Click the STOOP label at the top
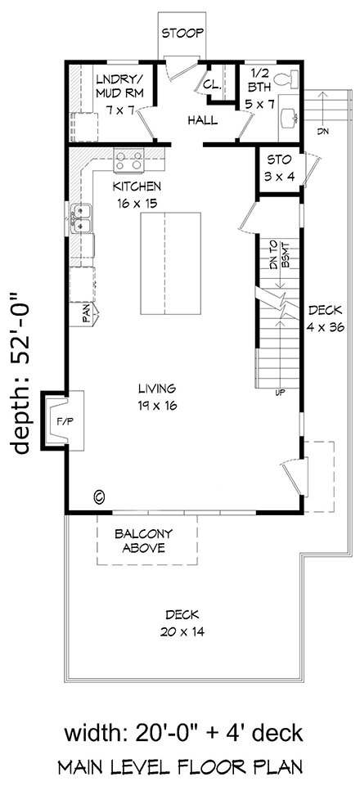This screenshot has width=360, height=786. (x=182, y=34)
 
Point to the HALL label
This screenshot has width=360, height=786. (x=201, y=120)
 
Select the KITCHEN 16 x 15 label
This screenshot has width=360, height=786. (x=136, y=193)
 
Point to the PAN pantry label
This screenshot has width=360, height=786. (x=85, y=314)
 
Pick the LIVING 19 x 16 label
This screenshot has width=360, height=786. (x=158, y=396)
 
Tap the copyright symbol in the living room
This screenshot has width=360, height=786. (x=100, y=496)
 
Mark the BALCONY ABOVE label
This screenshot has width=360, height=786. (x=148, y=540)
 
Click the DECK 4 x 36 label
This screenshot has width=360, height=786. (x=326, y=317)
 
